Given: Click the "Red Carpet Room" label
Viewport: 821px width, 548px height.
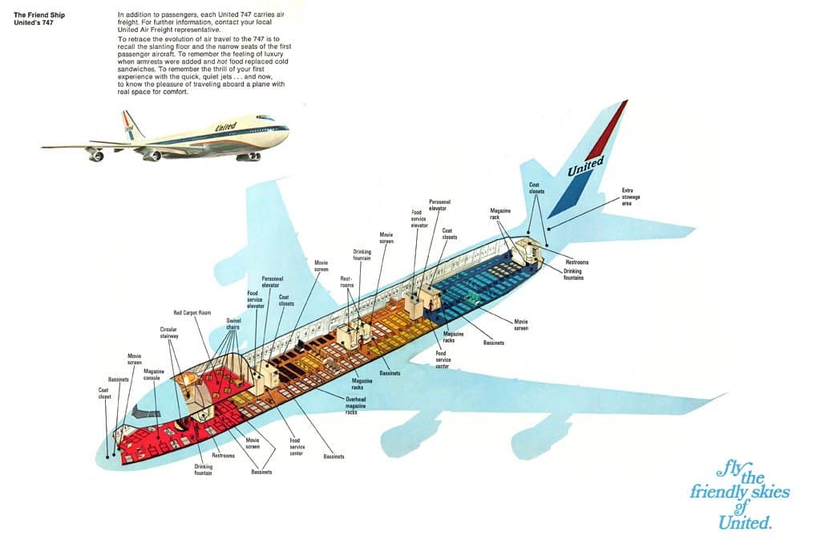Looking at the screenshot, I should [x=192, y=312].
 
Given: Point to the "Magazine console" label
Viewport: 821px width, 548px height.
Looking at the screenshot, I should [x=155, y=374].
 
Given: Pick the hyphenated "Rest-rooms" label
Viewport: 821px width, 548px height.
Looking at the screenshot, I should [x=346, y=282].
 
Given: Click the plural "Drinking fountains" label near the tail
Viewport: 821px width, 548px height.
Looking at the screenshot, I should [x=573, y=274].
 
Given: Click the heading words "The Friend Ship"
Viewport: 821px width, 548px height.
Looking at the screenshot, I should [x=41, y=14].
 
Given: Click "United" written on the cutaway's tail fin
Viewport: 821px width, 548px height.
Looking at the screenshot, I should [x=585, y=167].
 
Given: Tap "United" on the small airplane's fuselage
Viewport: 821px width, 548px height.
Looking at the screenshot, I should [x=226, y=128].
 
